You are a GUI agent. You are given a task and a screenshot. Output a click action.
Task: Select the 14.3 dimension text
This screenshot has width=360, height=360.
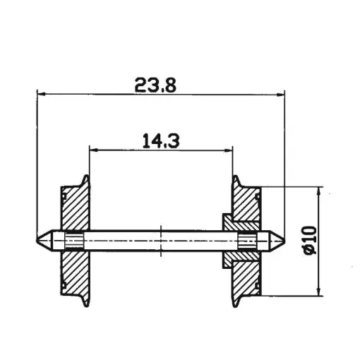pos(162,141)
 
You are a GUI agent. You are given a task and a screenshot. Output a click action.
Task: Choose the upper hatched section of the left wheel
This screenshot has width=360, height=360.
pos(73,206)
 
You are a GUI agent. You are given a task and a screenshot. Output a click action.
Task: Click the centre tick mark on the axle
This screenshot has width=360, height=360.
pos(162,240)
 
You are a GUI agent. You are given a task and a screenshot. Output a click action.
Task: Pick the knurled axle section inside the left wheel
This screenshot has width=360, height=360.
pos(73,240)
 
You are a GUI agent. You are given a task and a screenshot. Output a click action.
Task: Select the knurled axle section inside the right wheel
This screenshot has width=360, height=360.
pos(247,240)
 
